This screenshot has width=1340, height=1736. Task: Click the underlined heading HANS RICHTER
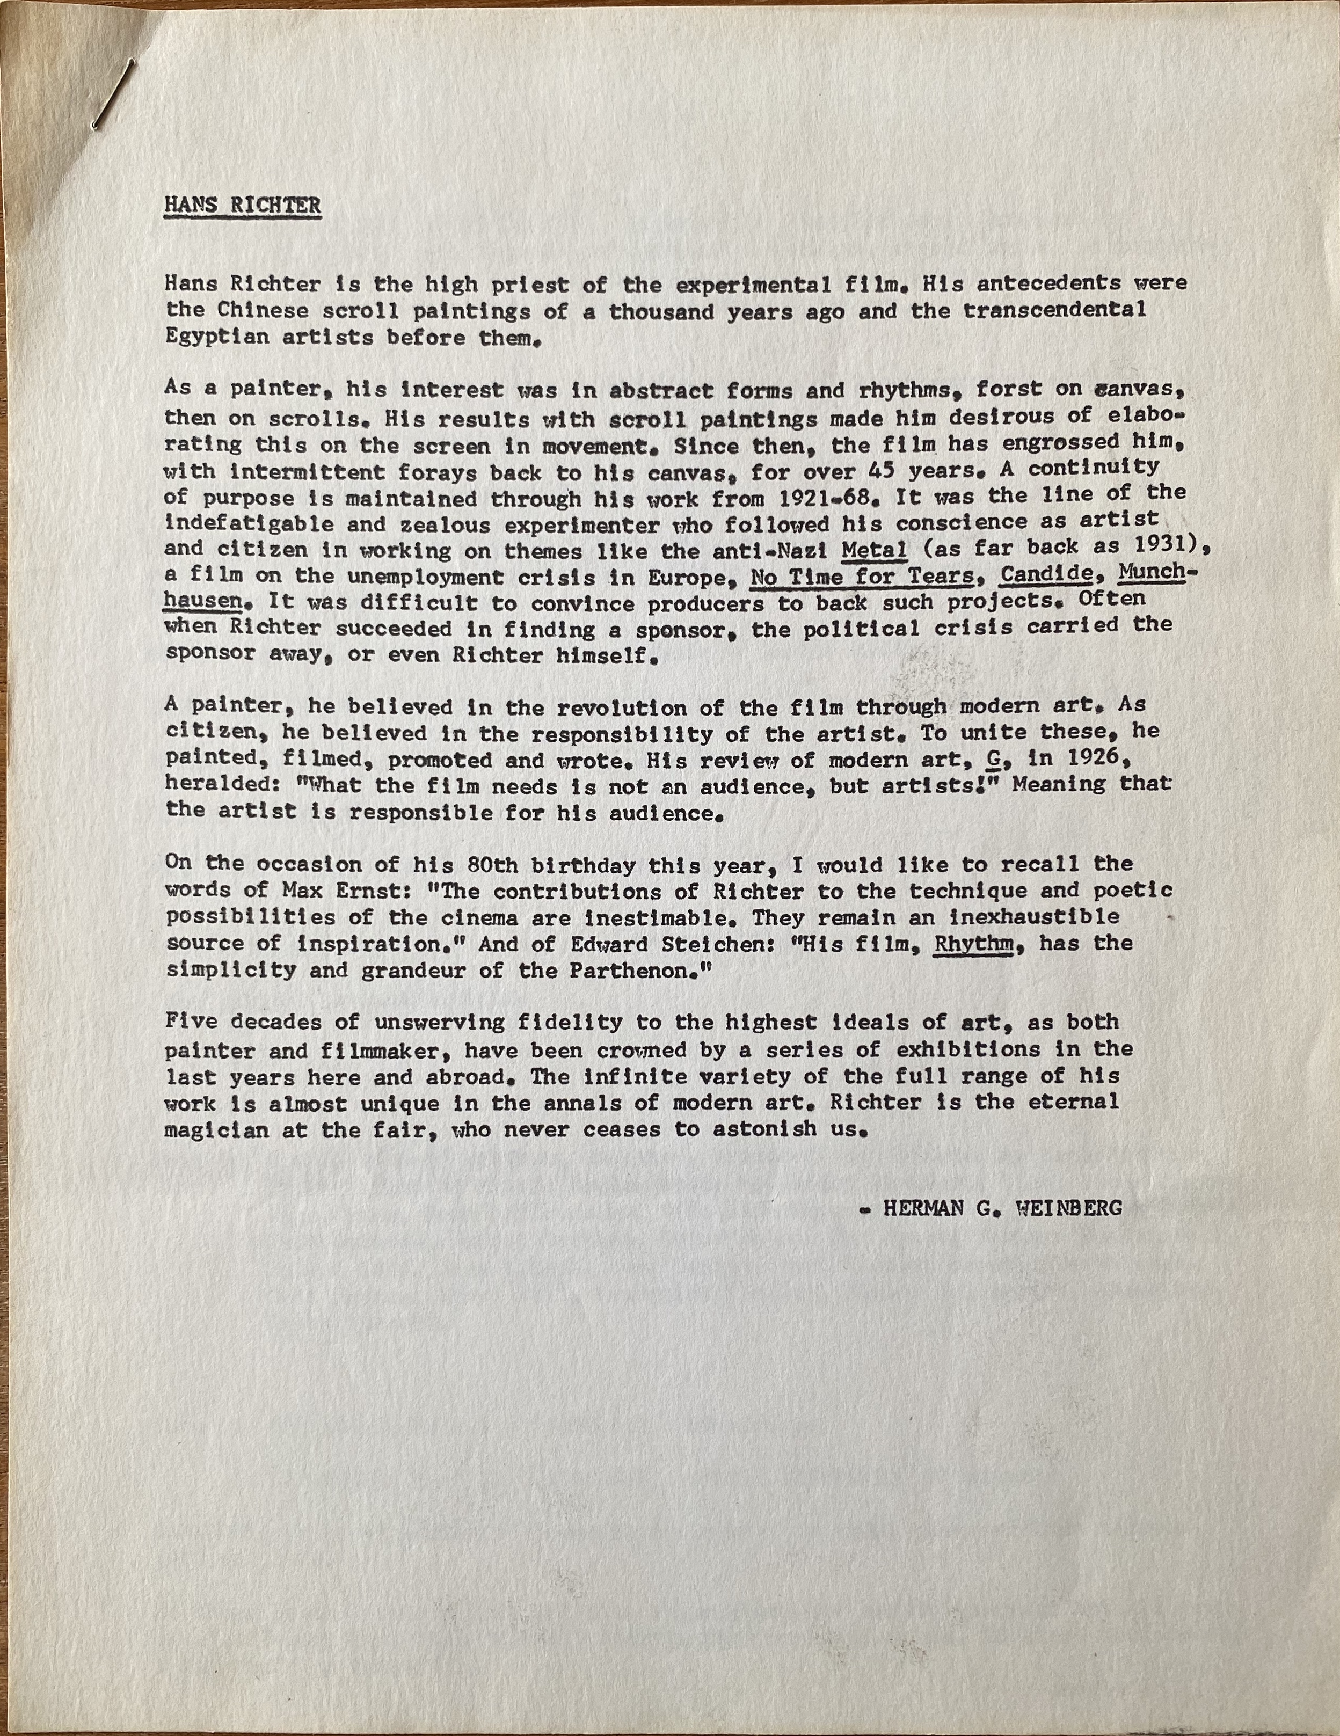(x=243, y=205)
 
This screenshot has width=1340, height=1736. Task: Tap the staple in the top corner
(x=111, y=97)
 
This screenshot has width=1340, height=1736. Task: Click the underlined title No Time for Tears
(x=862, y=577)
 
